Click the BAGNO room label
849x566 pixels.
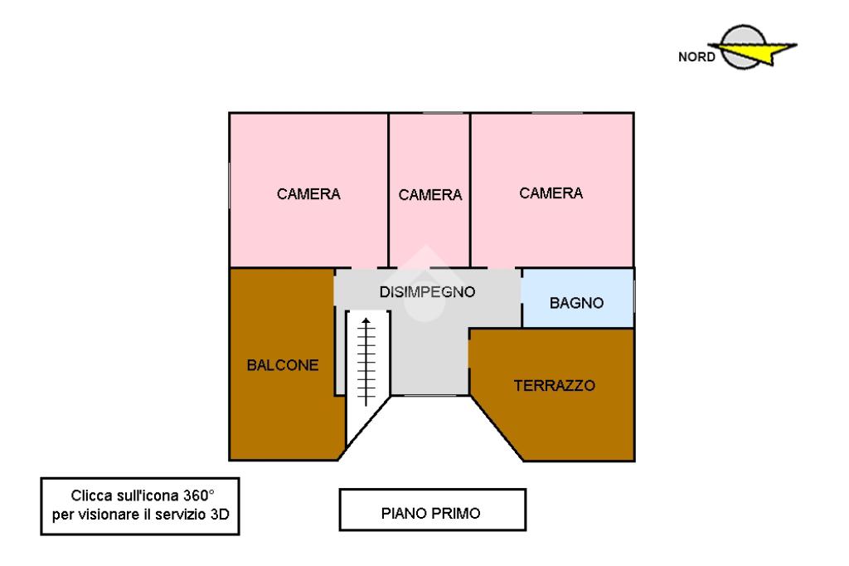(576, 303)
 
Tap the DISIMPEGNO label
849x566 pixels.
(427, 291)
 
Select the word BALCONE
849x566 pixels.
(283, 365)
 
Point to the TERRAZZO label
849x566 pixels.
(555, 385)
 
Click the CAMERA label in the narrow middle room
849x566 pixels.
(430, 195)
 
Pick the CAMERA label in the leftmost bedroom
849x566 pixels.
(308, 193)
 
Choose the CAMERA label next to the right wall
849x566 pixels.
(551, 193)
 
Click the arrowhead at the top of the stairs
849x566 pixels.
(366, 320)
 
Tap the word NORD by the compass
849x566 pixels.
(696, 57)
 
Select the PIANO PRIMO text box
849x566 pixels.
(432, 510)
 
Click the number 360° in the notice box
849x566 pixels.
(199, 495)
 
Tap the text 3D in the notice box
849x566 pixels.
(220, 514)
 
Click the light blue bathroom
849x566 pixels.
(578, 298)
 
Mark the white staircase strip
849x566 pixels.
(366, 374)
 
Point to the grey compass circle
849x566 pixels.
(743, 46)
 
